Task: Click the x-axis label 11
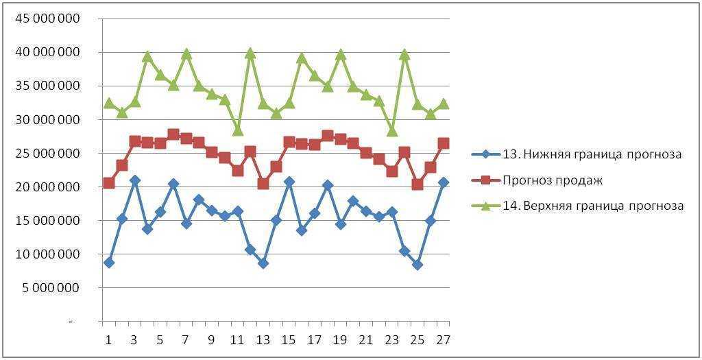click(x=237, y=340)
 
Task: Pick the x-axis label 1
click(x=108, y=340)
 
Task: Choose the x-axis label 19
click(x=340, y=340)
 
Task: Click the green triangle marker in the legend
click(x=486, y=205)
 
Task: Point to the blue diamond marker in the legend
click(x=486, y=154)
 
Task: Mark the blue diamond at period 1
click(x=108, y=263)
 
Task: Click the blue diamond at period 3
click(x=134, y=180)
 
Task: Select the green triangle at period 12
click(x=250, y=53)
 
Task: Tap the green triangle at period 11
click(x=237, y=130)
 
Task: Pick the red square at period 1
click(x=108, y=183)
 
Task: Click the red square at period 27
click(x=444, y=143)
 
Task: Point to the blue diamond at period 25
click(x=417, y=265)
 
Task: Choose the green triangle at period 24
click(x=404, y=54)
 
